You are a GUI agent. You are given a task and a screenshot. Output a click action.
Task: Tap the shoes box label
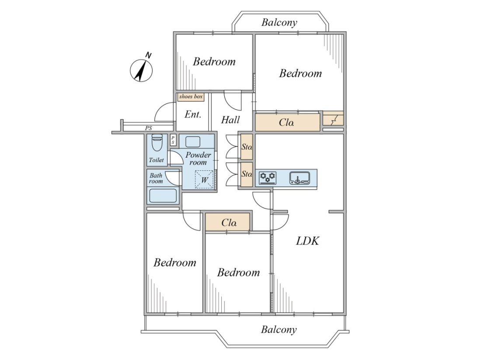[x=191, y=97]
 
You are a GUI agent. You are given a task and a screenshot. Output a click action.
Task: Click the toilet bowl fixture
[x=157, y=143]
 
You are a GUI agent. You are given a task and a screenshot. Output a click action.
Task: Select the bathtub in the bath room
[x=163, y=195]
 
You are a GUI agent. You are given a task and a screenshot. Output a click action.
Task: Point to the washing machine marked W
[x=204, y=179]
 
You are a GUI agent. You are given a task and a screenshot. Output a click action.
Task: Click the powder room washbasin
[x=193, y=142]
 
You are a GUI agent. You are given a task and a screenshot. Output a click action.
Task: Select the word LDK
[x=307, y=241]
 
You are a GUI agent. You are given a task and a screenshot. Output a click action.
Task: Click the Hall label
[x=230, y=119]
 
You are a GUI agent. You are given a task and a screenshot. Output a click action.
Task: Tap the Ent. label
[x=193, y=114]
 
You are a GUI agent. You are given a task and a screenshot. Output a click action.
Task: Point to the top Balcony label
[x=279, y=22]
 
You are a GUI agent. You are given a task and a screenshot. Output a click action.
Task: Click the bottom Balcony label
[x=279, y=330]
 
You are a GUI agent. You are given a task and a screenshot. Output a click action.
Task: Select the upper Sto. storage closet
[x=247, y=147]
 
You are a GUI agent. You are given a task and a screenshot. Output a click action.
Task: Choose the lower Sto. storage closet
[x=247, y=174]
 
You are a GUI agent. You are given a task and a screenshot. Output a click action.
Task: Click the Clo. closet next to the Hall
[x=287, y=123]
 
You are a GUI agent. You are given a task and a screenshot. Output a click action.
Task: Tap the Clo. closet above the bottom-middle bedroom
[x=227, y=222]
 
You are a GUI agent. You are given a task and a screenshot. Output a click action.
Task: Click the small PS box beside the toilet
[x=173, y=140]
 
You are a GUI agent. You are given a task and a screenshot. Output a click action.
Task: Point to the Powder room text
[x=198, y=159]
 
